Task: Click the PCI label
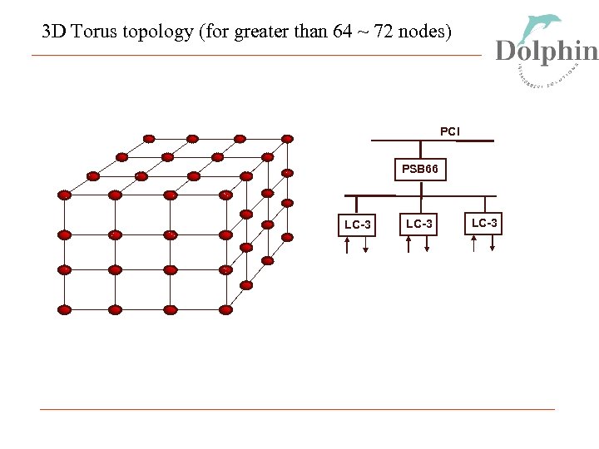click(450, 131)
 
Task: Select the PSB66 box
click(419, 170)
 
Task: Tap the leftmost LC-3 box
click(358, 225)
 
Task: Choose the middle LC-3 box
click(418, 224)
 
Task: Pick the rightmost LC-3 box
click(484, 223)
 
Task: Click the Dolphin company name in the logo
click(547, 52)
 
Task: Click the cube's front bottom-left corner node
click(64, 309)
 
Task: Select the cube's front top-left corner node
click(64, 195)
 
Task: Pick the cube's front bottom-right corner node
click(225, 309)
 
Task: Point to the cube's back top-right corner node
click(287, 138)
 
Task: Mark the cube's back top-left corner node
click(149, 138)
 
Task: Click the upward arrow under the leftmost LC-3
click(348, 244)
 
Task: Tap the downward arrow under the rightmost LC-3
click(494, 244)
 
